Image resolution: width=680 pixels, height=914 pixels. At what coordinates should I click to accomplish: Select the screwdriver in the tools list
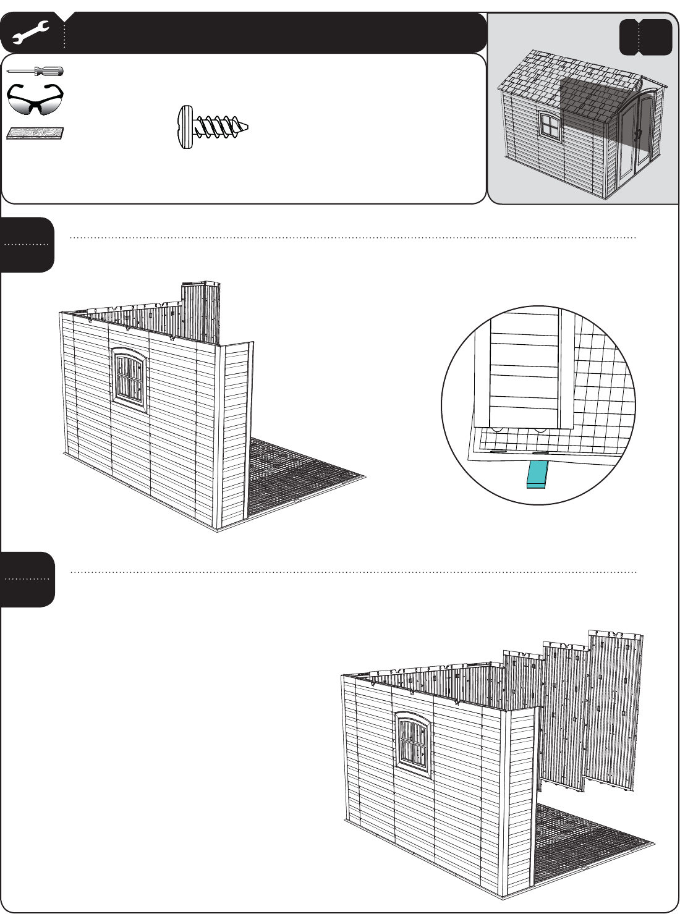[36, 71]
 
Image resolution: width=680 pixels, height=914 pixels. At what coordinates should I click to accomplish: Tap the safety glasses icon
[35, 99]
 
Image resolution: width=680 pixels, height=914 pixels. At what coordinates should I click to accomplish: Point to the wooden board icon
[35, 133]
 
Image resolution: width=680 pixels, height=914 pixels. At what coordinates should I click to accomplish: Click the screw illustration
[213, 127]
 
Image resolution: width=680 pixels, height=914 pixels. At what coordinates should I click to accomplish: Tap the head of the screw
[185, 127]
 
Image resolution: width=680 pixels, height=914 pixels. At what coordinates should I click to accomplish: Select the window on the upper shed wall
[129, 378]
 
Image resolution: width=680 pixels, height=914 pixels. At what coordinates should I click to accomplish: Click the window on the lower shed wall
[412, 743]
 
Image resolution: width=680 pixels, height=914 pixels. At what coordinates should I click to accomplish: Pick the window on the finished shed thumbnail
[548, 126]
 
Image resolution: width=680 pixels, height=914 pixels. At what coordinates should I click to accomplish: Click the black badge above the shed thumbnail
[645, 37]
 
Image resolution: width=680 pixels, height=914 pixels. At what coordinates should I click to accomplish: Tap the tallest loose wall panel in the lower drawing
[614, 711]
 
